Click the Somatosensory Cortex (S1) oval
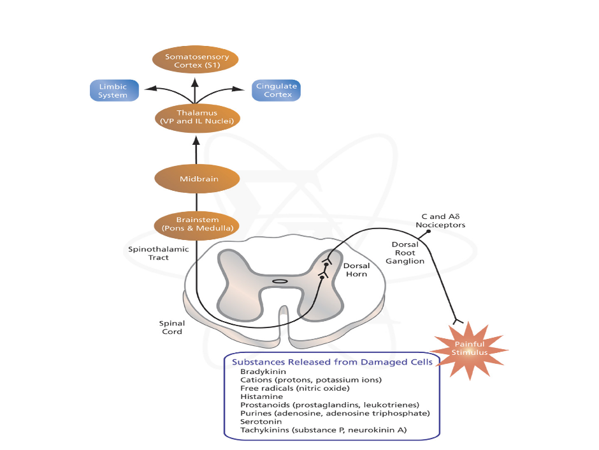195,61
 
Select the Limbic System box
113,91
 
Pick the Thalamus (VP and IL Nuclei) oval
197,117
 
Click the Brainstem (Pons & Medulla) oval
196,224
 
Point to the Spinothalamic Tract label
150,253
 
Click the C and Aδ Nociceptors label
440,221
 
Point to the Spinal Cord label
171,327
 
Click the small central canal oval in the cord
280,281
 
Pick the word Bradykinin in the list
263,371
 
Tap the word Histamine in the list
261,396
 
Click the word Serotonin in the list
261,422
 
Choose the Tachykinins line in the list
323,430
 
